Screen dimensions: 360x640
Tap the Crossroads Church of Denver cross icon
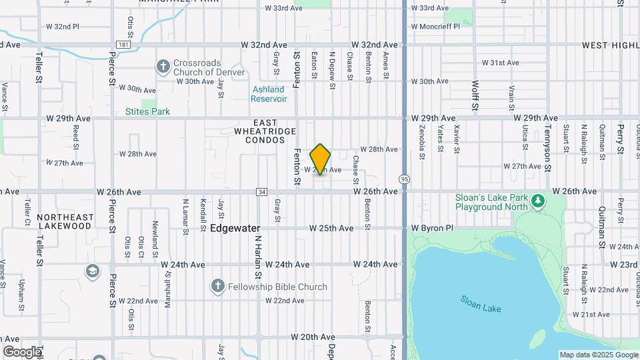point(163,66)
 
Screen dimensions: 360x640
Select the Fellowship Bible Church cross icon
point(217,287)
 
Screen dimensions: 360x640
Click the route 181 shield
point(122,45)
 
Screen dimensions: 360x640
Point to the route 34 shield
point(261,192)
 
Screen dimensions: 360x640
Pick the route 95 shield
point(405,179)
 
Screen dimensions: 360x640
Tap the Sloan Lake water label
point(480,303)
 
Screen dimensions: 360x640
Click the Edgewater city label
point(235,228)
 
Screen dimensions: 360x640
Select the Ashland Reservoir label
point(269,94)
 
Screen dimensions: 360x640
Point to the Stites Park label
point(147,112)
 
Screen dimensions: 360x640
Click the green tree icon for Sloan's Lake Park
point(538,201)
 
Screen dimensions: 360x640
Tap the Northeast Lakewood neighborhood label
point(65,221)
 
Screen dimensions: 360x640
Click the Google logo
point(22,352)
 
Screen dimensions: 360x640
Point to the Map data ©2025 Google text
point(598,355)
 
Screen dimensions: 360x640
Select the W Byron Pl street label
point(431,228)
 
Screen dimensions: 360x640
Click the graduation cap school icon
point(92,271)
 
